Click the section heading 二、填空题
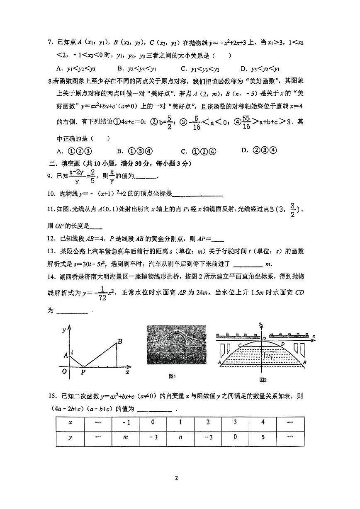click(x=73, y=164)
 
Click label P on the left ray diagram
click(x=83, y=371)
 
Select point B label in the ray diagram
click(x=119, y=342)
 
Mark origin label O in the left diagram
click(x=64, y=371)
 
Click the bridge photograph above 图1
click(x=176, y=344)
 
